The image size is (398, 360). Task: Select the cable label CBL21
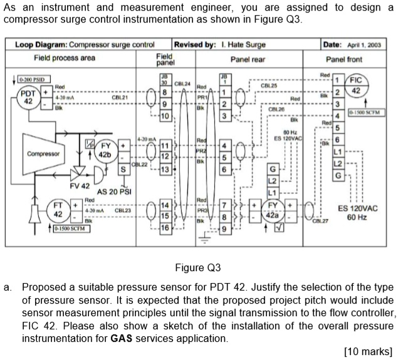click(x=120, y=98)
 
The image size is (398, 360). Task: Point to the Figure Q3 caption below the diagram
click(x=198, y=267)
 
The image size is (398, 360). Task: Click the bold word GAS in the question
click(x=120, y=338)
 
